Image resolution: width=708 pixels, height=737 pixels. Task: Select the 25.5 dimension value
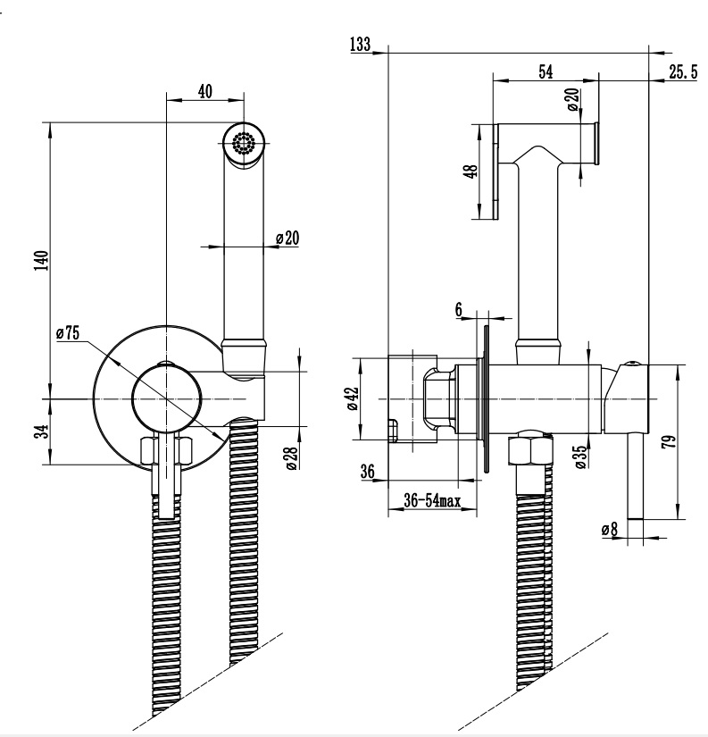point(682,72)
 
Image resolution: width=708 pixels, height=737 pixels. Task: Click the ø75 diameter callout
point(68,332)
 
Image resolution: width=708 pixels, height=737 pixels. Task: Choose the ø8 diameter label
point(610,529)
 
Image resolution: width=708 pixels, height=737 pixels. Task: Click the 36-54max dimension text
point(432,501)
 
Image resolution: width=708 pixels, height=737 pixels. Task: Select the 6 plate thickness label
point(458,308)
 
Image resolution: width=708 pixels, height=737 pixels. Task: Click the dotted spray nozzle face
point(242,143)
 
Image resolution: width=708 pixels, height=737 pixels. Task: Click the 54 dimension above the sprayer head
point(546,72)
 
